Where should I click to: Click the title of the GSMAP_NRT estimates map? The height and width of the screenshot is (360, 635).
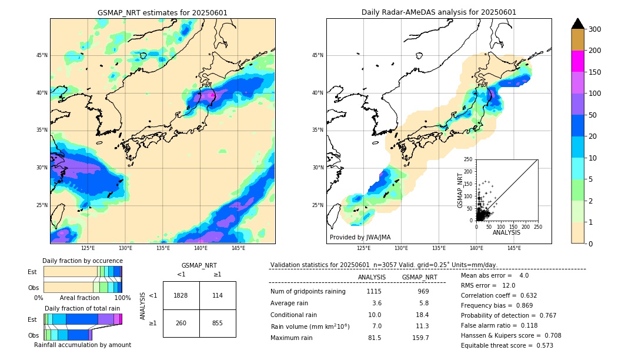(x=162, y=12)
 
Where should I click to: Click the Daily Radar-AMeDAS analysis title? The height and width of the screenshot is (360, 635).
(x=439, y=12)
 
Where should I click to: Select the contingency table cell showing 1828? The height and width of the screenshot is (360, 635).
(x=181, y=295)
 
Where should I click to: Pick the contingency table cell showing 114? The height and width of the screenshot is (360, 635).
(x=218, y=295)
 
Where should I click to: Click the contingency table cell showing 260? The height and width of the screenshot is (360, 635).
(x=181, y=323)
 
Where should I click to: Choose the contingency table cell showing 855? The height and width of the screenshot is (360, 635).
(x=218, y=323)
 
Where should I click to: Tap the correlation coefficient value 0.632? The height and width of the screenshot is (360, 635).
(x=541, y=295)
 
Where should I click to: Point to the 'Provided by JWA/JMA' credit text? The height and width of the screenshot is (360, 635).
(x=360, y=238)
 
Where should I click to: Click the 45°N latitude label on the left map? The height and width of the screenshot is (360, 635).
(x=42, y=55)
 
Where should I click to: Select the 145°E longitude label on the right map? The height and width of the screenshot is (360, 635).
(x=514, y=248)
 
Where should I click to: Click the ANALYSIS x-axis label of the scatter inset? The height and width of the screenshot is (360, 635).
(x=506, y=232)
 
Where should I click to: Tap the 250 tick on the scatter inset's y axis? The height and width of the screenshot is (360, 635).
(x=469, y=159)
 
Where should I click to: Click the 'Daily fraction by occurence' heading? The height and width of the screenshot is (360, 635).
(x=82, y=261)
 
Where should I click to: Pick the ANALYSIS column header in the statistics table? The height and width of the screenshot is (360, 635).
(x=372, y=277)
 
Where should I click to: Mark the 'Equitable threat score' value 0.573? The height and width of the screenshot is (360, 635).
(x=541, y=345)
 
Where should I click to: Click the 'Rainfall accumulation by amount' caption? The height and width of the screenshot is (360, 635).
(x=82, y=345)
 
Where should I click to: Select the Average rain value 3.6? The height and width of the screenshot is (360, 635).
(x=377, y=303)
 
